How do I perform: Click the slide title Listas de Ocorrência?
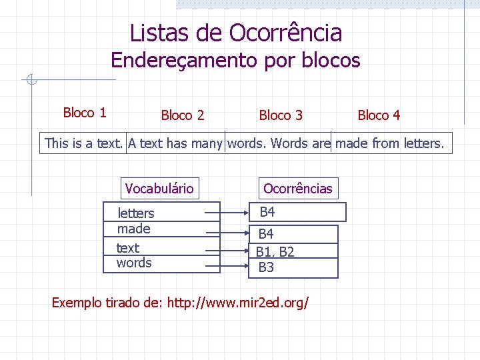(236, 33)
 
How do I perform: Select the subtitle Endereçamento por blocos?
(235, 61)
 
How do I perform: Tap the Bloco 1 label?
(85, 113)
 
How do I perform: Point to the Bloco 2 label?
(183, 115)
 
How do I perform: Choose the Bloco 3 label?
(281, 115)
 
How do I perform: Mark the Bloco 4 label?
(379, 115)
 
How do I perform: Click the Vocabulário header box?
(159, 189)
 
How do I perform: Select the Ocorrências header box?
(297, 189)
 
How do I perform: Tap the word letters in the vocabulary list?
(135, 213)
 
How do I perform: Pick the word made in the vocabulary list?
(134, 229)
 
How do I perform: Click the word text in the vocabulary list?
(127, 248)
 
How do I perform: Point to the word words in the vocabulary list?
(134, 263)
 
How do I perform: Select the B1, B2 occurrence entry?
(275, 252)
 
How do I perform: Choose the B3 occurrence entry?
(267, 267)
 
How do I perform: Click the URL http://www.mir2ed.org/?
(238, 303)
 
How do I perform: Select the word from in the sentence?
(386, 143)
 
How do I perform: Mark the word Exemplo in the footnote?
(76, 303)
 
